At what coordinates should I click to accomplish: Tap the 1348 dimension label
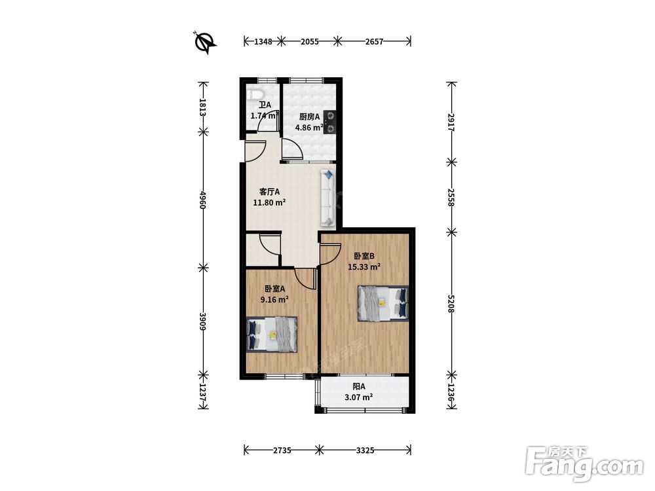pyautogui.click(x=263, y=41)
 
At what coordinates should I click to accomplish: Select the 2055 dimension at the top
pyautogui.click(x=310, y=41)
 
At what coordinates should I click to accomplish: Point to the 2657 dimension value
pyautogui.click(x=374, y=41)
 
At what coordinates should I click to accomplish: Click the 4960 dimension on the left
pyautogui.click(x=203, y=200)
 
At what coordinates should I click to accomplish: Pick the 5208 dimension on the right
pyautogui.click(x=451, y=304)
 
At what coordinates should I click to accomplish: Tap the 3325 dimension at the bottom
pyautogui.click(x=365, y=450)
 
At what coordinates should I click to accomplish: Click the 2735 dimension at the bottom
pyautogui.click(x=282, y=450)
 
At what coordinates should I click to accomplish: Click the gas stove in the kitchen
pyautogui.click(x=329, y=122)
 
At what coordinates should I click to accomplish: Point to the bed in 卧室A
pyautogui.click(x=272, y=335)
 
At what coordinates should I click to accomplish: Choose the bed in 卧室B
pyautogui.click(x=383, y=304)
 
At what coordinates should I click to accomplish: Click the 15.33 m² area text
pyautogui.click(x=364, y=267)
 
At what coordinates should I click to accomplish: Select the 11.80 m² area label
pyautogui.click(x=269, y=202)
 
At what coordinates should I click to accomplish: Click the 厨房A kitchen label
pyautogui.click(x=310, y=117)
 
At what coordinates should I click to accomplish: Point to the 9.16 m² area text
pyautogui.click(x=274, y=299)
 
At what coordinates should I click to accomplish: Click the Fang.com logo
pyautogui.click(x=584, y=464)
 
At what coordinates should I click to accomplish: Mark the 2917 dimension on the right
pyautogui.click(x=451, y=122)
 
